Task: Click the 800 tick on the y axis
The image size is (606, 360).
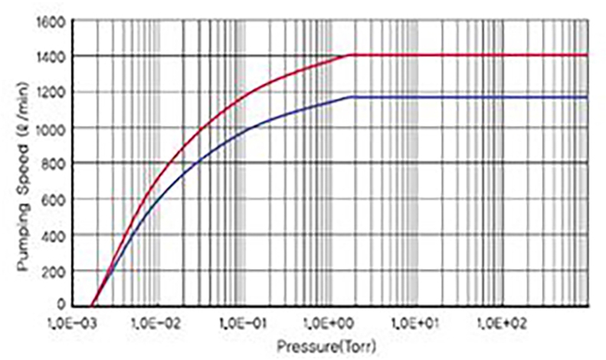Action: pos(54,163)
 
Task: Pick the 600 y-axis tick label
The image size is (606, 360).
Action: pos(54,199)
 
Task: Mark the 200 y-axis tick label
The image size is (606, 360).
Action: pos(54,270)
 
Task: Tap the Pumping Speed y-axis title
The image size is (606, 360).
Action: pos(23,162)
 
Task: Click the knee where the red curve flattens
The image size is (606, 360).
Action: pos(350,55)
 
